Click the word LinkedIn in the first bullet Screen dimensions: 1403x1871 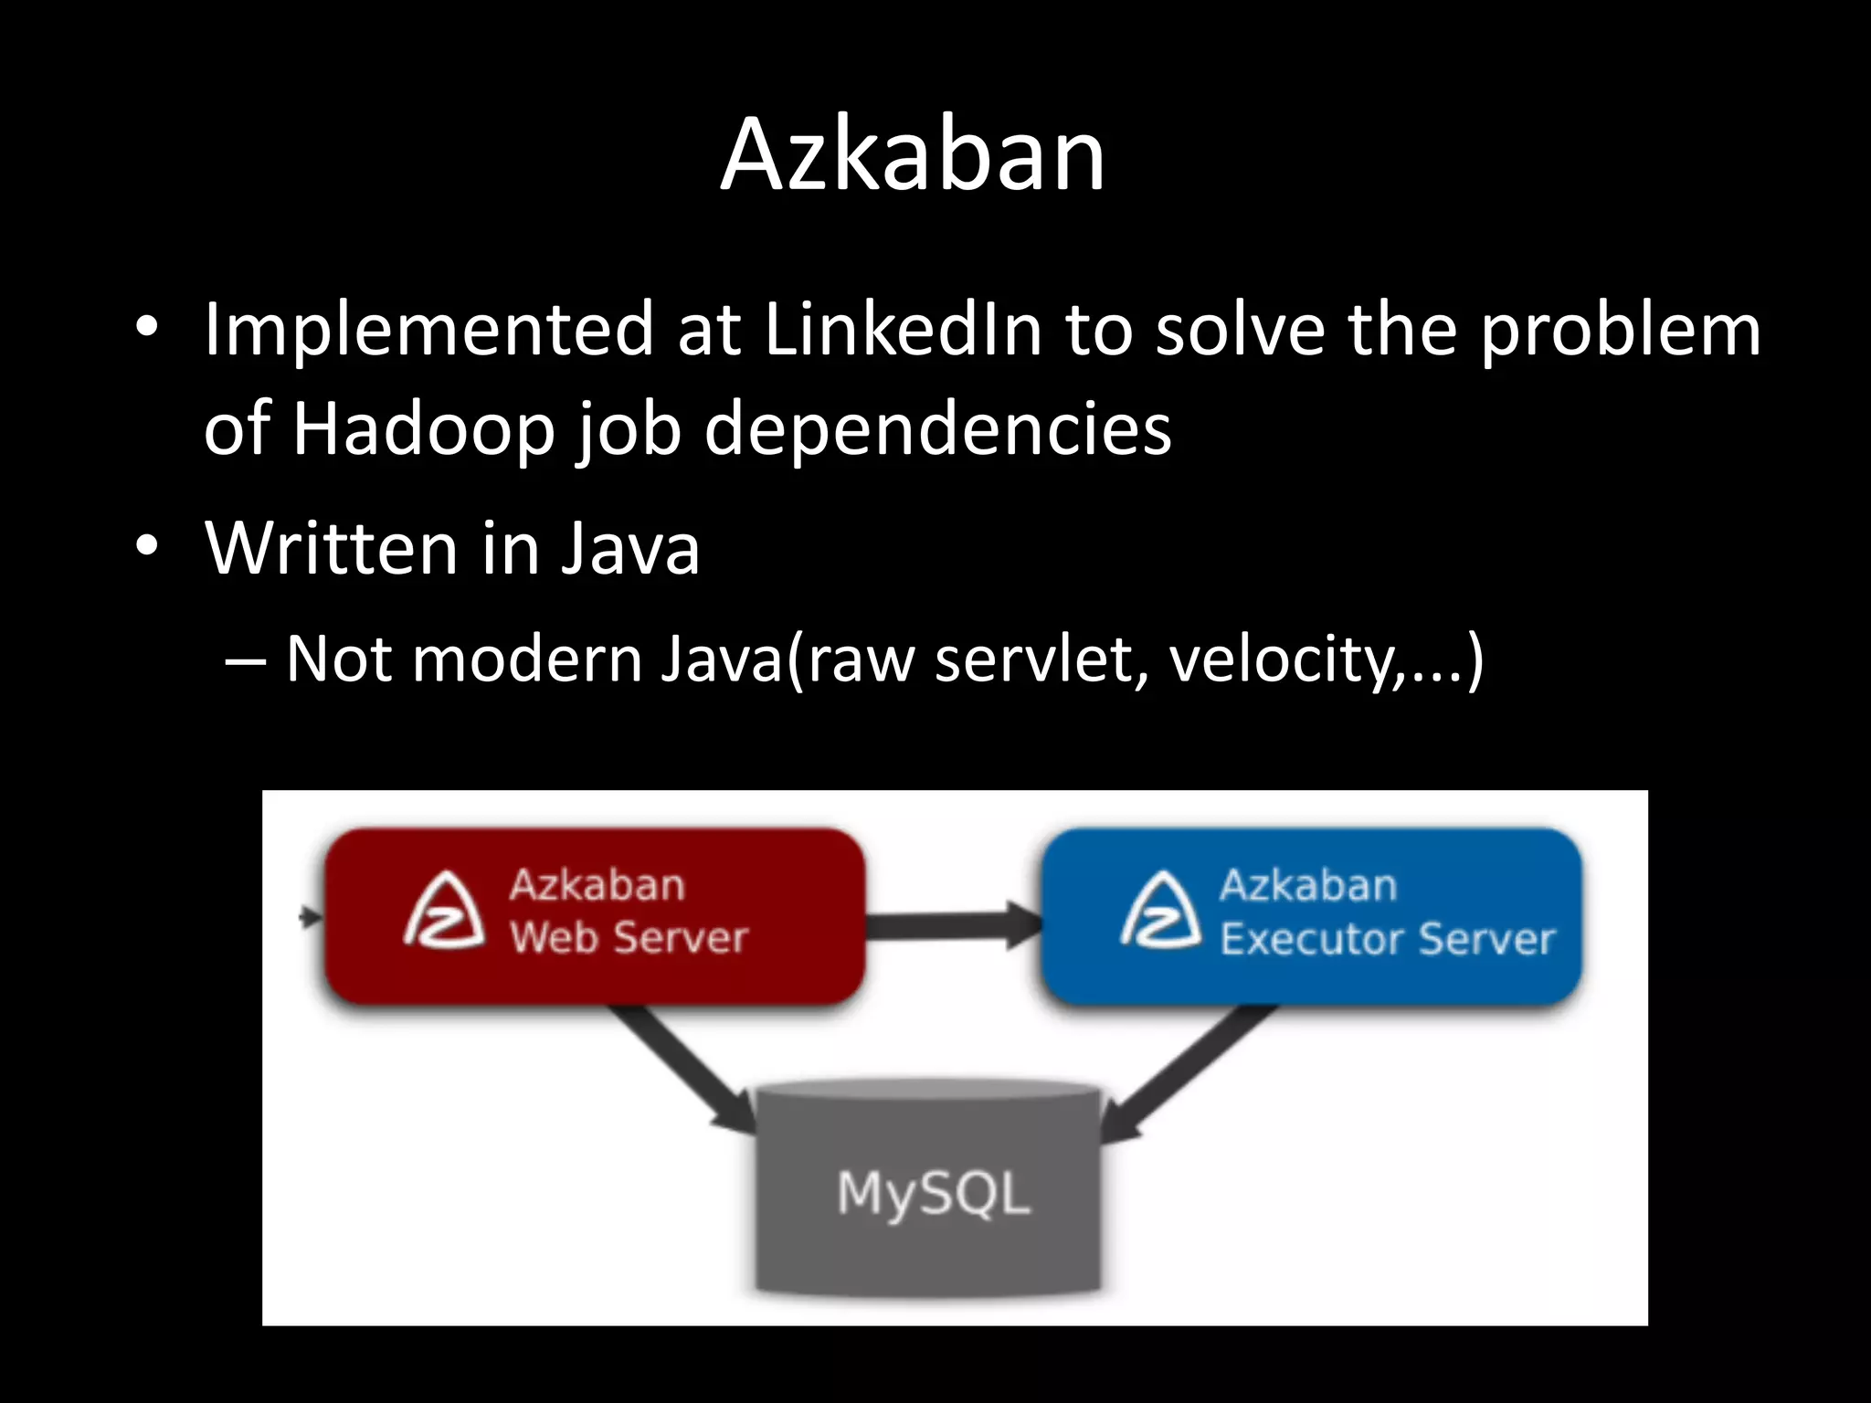pos(903,330)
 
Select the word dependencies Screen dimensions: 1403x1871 pos(937,428)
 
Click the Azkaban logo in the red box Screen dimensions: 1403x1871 pos(444,912)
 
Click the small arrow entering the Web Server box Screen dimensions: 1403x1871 pos(311,915)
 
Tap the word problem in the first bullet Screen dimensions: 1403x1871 pos(1620,330)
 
